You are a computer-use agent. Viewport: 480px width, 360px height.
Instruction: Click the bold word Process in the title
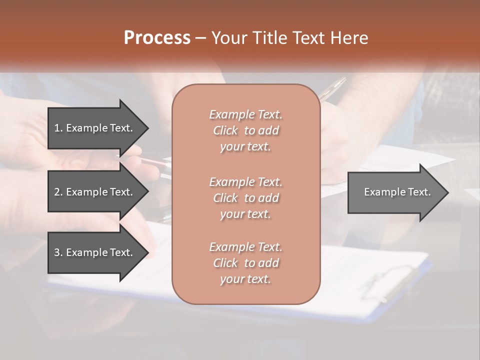[x=157, y=38]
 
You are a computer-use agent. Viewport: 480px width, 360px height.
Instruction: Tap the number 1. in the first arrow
[x=58, y=128]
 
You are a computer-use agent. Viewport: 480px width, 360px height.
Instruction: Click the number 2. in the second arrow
[x=58, y=192]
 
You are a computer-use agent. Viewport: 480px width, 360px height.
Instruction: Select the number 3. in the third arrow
[x=58, y=252]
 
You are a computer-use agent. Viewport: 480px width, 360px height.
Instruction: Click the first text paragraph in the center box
[x=245, y=130]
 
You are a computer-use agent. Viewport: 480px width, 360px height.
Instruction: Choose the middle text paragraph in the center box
[x=245, y=198]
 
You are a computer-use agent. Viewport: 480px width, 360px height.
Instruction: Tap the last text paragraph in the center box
[x=245, y=263]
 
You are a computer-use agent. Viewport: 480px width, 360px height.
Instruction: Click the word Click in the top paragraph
[x=225, y=130]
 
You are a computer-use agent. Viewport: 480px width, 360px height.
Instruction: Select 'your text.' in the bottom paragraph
[x=245, y=279]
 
